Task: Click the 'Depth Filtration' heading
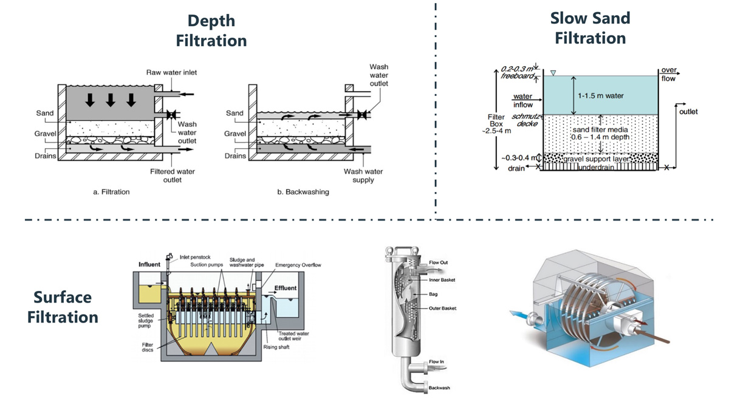pyautogui.click(x=211, y=30)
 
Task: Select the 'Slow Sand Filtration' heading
pyautogui.click(x=590, y=28)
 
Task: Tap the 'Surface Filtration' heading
pyautogui.click(x=63, y=307)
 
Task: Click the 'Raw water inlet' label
pyautogui.click(x=171, y=72)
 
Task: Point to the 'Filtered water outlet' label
pyautogui.click(x=173, y=176)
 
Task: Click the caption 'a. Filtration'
pyautogui.click(x=111, y=192)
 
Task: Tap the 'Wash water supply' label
pyautogui.click(x=363, y=176)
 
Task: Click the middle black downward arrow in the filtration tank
pyautogui.click(x=111, y=100)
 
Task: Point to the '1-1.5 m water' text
pyautogui.click(x=600, y=96)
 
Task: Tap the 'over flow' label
pyautogui.click(x=668, y=75)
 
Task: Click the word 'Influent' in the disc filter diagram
pyautogui.click(x=149, y=265)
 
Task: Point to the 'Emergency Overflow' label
pyautogui.click(x=298, y=265)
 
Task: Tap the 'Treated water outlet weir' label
pyautogui.click(x=294, y=336)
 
